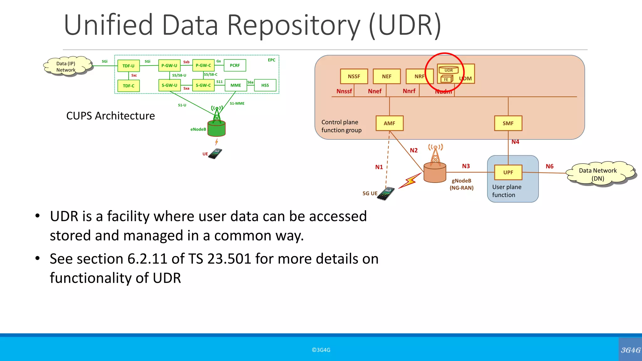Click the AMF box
click(x=389, y=123)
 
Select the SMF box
click(x=508, y=123)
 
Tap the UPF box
click(x=508, y=172)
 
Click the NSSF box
click(x=354, y=76)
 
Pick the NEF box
click(x=387, y=76)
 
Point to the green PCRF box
click(x=235, y=65)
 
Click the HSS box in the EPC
click(x=265, y=85)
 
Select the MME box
click(x=236, y=85)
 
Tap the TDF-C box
click(x=129, y=86)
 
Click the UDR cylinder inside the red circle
click(x=448, y=70)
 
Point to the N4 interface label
click(x=515, y=142)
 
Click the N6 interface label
click(x=550, y=166)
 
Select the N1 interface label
click(x=379, y=167)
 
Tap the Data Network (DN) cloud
click(x=597, y=175)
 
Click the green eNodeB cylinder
click(x=217, y=128)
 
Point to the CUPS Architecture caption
click(x=111, y=116)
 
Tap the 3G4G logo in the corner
click(x=630, y=350)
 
